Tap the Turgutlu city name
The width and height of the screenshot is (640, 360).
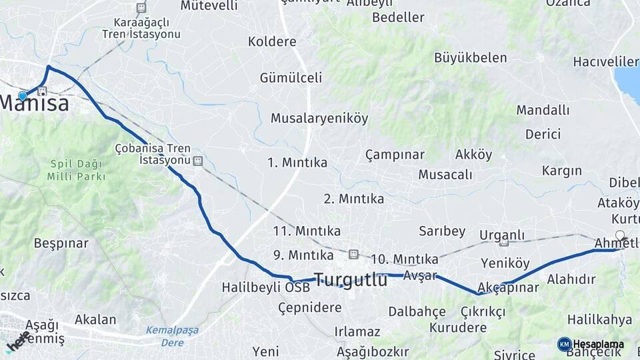350,280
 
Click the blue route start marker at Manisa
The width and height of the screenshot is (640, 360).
23,96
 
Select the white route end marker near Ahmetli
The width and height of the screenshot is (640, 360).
620,235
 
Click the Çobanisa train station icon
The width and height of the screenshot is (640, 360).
197,161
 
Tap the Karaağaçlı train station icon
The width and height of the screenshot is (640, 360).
141,8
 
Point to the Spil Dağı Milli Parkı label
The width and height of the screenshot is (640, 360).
76,170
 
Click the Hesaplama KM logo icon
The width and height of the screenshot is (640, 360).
564,344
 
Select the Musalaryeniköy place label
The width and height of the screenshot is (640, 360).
319,118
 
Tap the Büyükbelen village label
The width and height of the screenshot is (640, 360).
470,57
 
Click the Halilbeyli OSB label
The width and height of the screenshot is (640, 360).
265,288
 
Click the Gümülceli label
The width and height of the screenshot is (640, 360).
291,77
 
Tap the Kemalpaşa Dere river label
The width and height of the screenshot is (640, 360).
172,336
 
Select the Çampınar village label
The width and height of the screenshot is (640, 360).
395,155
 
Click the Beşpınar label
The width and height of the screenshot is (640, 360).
61,243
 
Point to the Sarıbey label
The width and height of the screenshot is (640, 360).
442,231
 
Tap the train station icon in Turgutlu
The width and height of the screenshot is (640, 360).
353,254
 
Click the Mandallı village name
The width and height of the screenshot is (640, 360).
543,110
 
